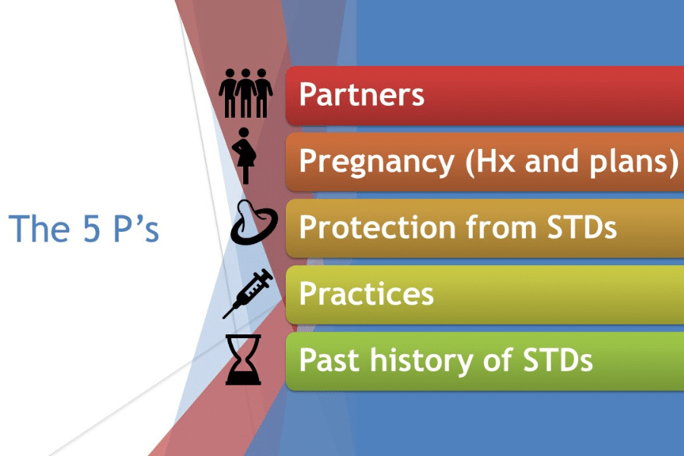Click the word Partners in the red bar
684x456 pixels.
(361, 96)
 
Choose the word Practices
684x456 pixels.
(366, 293)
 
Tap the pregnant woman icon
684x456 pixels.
(245, 155)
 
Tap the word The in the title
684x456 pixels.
(35, 227)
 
